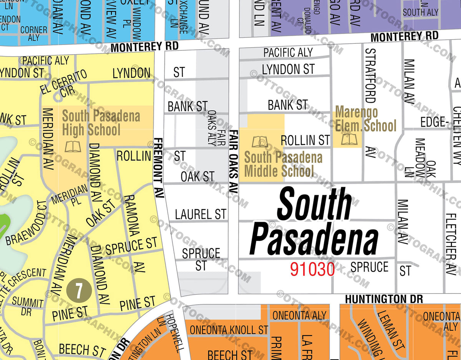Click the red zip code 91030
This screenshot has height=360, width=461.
pyautogui.click(x=312, y=269)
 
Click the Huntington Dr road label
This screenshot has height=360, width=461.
pyautogui.click(x=383, y=299)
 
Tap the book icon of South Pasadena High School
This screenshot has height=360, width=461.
pyautogui.click(x=73, y=146)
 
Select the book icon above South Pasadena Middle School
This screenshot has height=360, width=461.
pyautogui.click(x=260, y=142)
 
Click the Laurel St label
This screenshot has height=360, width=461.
pyautogui.click(x=201, y=214)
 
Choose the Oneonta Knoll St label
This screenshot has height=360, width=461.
pyautogui.click(x=229, y=330)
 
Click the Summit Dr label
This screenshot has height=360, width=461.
pyautogui.click(x=27, y=305)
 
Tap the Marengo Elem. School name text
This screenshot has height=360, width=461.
pyautogui.click(x=365, y=119)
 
